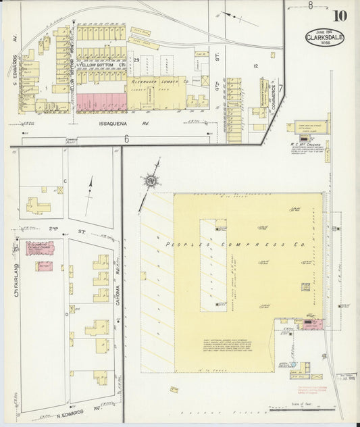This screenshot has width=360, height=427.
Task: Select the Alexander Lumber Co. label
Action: pyautogui.click(x=156, y=80)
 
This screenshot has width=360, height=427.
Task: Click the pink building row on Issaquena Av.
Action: pyautogui.click(x=101, y=102)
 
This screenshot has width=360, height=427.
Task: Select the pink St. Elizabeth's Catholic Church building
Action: pyautogui.click(x=40, y=248)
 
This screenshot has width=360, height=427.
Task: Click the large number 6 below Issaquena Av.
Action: pyautogui.click(x=126, y=139)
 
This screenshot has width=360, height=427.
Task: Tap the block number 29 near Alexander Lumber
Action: pyautogui.click(x=136, y=60)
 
